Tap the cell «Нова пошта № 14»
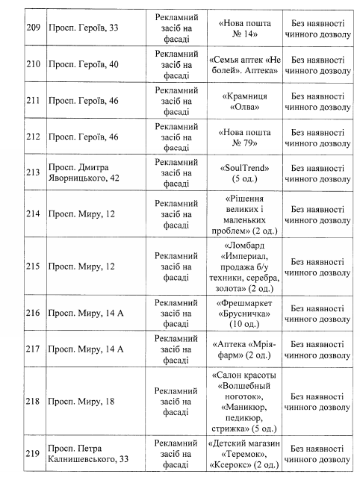[x=240, y=25]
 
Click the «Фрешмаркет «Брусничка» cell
[x=240, y=313]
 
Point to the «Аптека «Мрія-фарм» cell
[x=240, y=349]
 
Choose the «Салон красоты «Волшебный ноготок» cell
[x=240, y=401]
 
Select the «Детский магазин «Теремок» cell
[x=240, y=449]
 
